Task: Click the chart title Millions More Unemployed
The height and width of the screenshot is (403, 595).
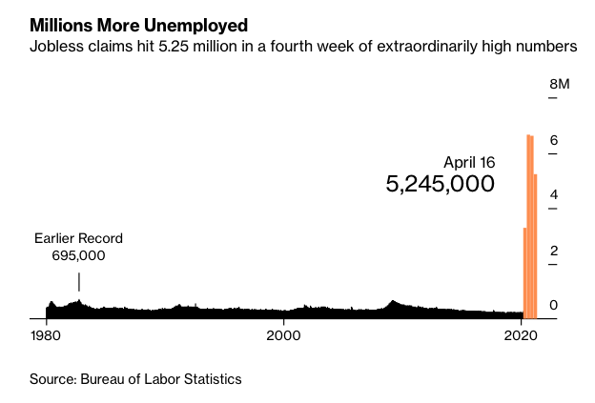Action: tap(138, 23)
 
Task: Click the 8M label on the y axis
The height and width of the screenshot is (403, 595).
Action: tap(560, 85)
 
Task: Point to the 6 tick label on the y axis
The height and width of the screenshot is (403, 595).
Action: tap(553, 140)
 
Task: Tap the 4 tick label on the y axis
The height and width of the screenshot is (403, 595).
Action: tap(553, 195)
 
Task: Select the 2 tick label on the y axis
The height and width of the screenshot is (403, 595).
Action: tap(553, 251)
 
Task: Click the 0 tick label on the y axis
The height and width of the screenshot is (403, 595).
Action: tap(553, 305)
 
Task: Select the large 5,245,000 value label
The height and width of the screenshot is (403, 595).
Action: tap(441, 184)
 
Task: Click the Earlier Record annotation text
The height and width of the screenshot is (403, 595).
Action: tap(78, 238)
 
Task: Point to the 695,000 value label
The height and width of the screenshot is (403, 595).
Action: tap(78, 255)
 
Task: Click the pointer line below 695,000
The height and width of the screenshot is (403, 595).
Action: tap(79, 282)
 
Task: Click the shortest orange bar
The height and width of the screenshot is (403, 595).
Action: tap(525, 272)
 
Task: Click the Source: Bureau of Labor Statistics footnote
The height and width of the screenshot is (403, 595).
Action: tap(135, 379)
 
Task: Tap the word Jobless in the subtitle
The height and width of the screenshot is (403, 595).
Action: tap(54, 46)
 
